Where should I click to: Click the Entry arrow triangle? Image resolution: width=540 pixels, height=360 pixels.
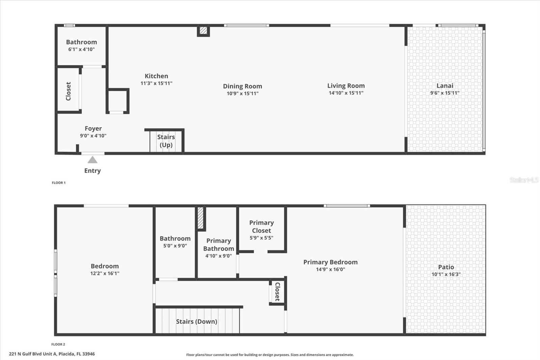[92, 160]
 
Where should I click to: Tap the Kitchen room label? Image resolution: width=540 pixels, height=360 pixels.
[157, 76]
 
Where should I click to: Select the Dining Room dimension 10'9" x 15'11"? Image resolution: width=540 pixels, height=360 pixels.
[243, 94]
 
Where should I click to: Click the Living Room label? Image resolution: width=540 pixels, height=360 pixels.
[346, 86]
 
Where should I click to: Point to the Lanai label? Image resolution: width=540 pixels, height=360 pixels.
[445, 86]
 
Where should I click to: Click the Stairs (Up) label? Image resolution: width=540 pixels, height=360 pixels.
[166, 141]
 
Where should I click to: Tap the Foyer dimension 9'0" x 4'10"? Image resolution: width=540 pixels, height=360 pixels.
[93, 136]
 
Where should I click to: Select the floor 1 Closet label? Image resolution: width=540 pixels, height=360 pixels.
[69, 91]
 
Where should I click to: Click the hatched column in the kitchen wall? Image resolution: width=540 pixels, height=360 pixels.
[203, 30]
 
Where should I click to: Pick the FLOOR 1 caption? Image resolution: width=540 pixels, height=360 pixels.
[59, 183]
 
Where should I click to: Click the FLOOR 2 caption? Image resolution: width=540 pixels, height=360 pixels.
[58, 344]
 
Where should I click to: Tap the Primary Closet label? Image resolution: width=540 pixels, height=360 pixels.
[262, 227]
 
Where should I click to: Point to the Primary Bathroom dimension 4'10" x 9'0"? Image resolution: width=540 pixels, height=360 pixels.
[219, 256]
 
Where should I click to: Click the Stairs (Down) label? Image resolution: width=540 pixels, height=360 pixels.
[197, 322]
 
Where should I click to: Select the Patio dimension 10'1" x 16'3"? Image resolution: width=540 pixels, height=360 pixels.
[446, 274]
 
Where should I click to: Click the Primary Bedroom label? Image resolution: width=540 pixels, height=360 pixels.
[330, 262]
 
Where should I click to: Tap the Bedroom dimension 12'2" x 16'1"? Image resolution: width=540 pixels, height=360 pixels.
[105, 274]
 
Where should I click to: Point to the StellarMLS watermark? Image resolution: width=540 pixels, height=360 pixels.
[524, 180]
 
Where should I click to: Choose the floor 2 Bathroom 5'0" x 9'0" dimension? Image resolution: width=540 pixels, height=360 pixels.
[175, 246]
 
